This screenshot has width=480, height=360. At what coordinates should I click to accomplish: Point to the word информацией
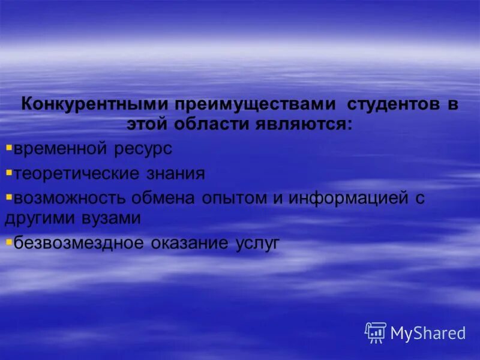pos(348,199)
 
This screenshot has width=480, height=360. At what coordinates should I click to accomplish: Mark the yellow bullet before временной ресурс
pos(8,146)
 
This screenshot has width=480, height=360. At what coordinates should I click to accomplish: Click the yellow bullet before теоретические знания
pos(8,172)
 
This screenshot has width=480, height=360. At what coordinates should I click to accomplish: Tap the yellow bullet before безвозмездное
pos(8,241)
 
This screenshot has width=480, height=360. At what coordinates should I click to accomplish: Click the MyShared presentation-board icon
pos(376,332)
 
